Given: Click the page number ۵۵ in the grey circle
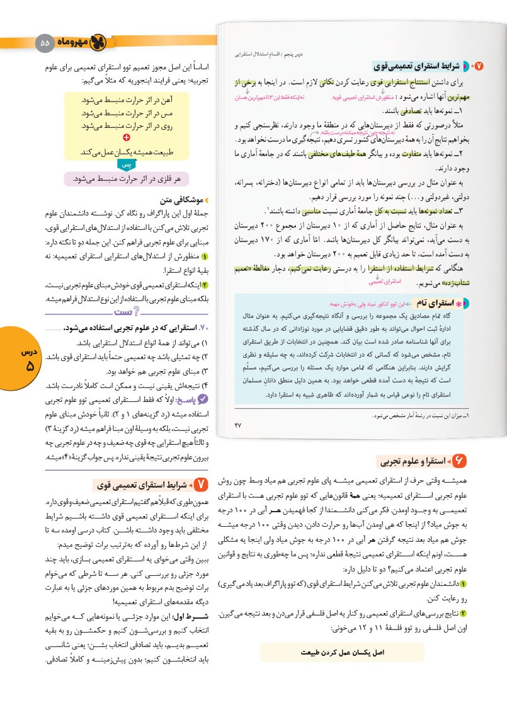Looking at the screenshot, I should click(44, 43).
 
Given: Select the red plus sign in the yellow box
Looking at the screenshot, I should click(127, 137).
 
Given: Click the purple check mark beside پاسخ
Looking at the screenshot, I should click(202, 399).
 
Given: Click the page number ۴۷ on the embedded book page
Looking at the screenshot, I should click(238, 427).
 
